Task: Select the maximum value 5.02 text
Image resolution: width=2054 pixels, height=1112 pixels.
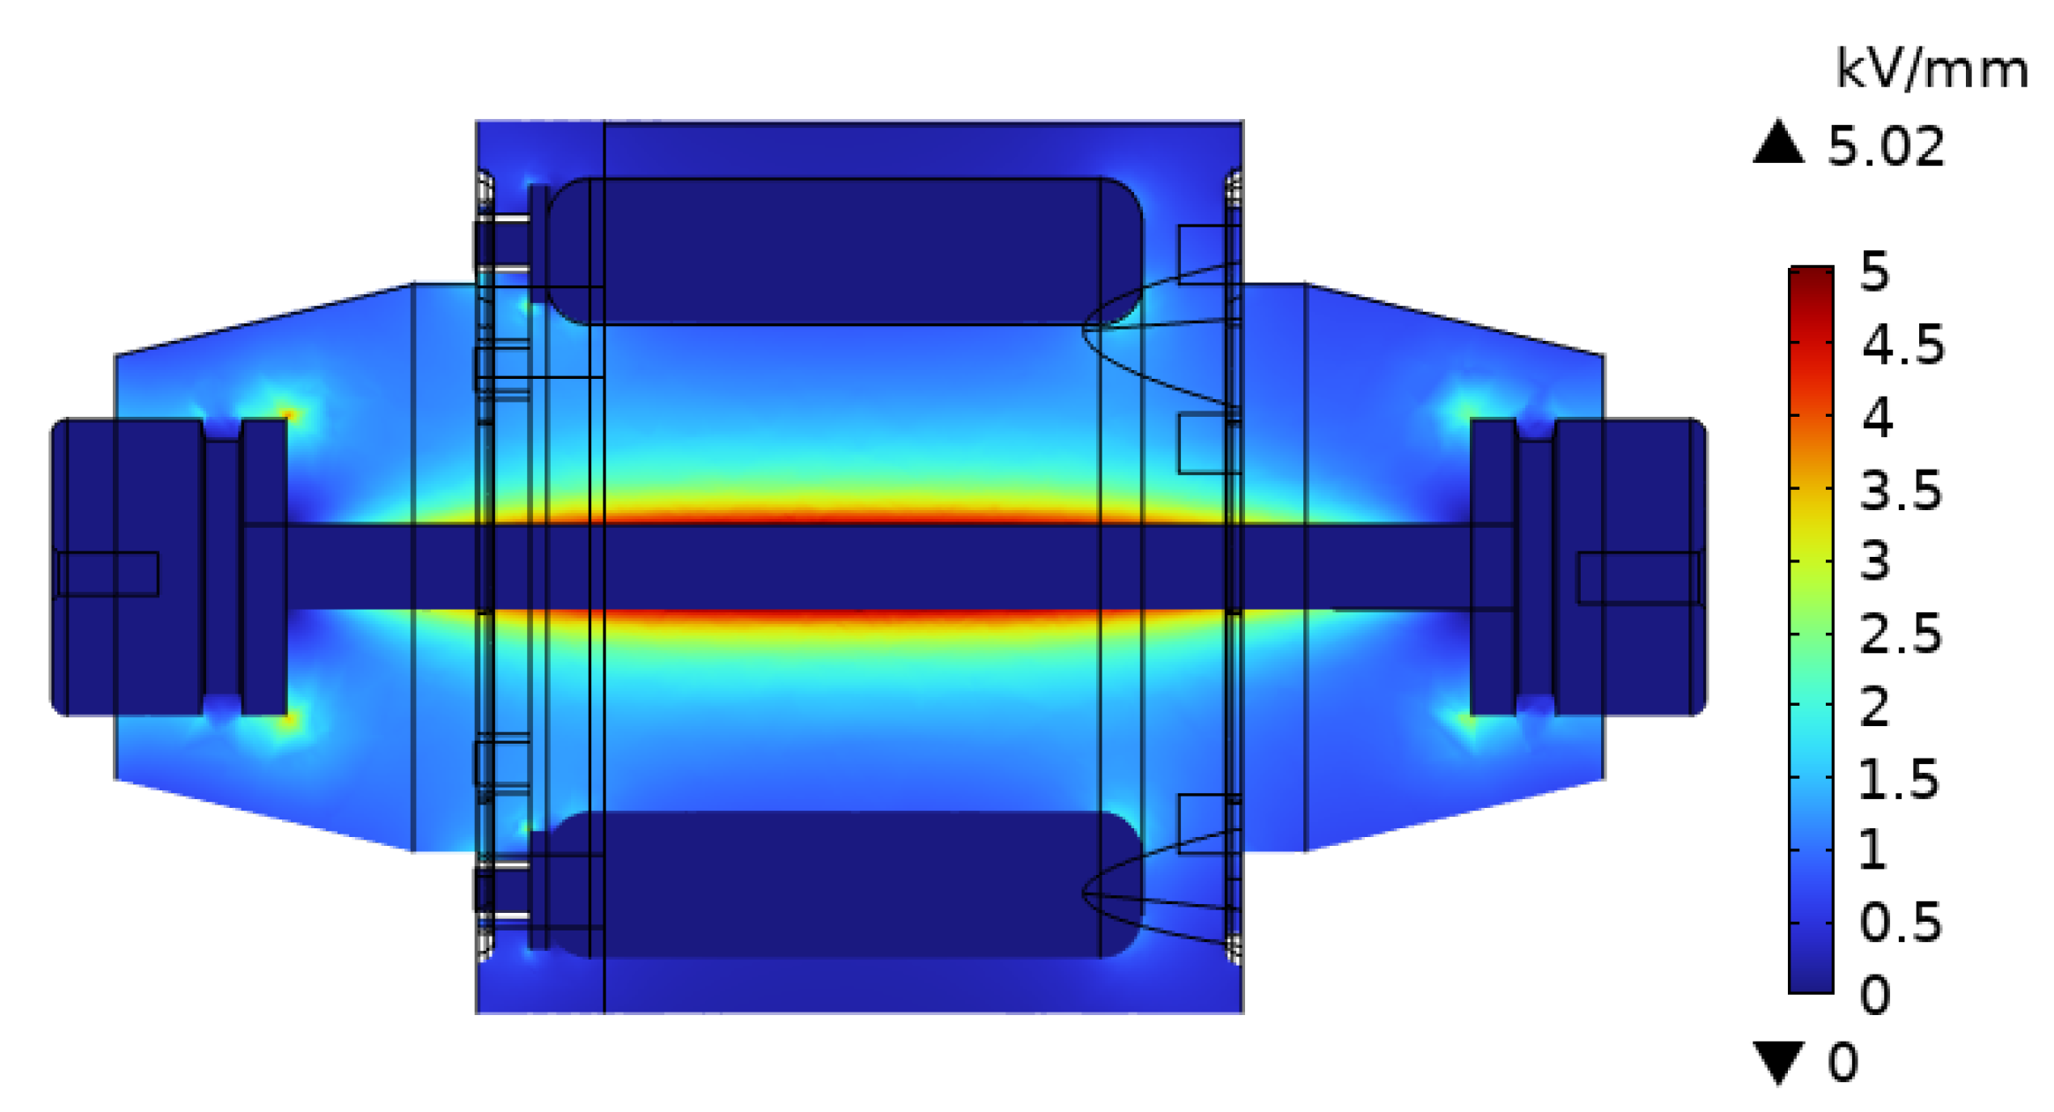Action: tap(1886, 146)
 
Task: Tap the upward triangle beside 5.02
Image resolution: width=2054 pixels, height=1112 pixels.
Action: tap(1778, 142)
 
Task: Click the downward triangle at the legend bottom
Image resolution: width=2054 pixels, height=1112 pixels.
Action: tap(1778, 1063)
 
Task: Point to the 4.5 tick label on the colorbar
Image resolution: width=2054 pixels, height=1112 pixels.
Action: tap(1902, 344)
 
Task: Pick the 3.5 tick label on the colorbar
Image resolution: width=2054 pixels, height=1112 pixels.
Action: tap(1901, 490)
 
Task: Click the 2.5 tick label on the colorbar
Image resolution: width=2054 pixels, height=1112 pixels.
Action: tap(1901, 634)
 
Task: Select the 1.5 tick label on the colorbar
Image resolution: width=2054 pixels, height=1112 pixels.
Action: tap(1899, 779)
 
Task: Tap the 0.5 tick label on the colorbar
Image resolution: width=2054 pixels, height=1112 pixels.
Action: tap(1901, 923)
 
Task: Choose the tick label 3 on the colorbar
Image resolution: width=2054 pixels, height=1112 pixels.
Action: tap(1875, 561)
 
